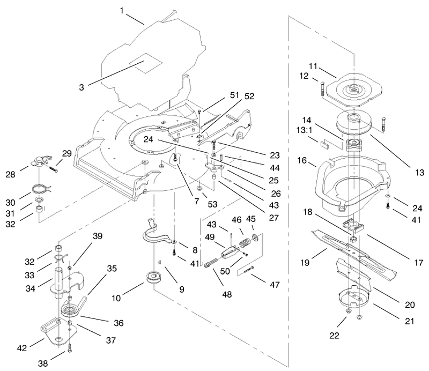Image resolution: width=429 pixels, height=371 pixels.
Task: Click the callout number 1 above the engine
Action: pyautogui.click(x=122, y=11)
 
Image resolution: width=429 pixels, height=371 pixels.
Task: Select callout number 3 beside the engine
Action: pyautogui.click(x=82, y=87)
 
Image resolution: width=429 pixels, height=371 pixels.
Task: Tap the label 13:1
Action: pyautogui.click(x=304, y=130)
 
